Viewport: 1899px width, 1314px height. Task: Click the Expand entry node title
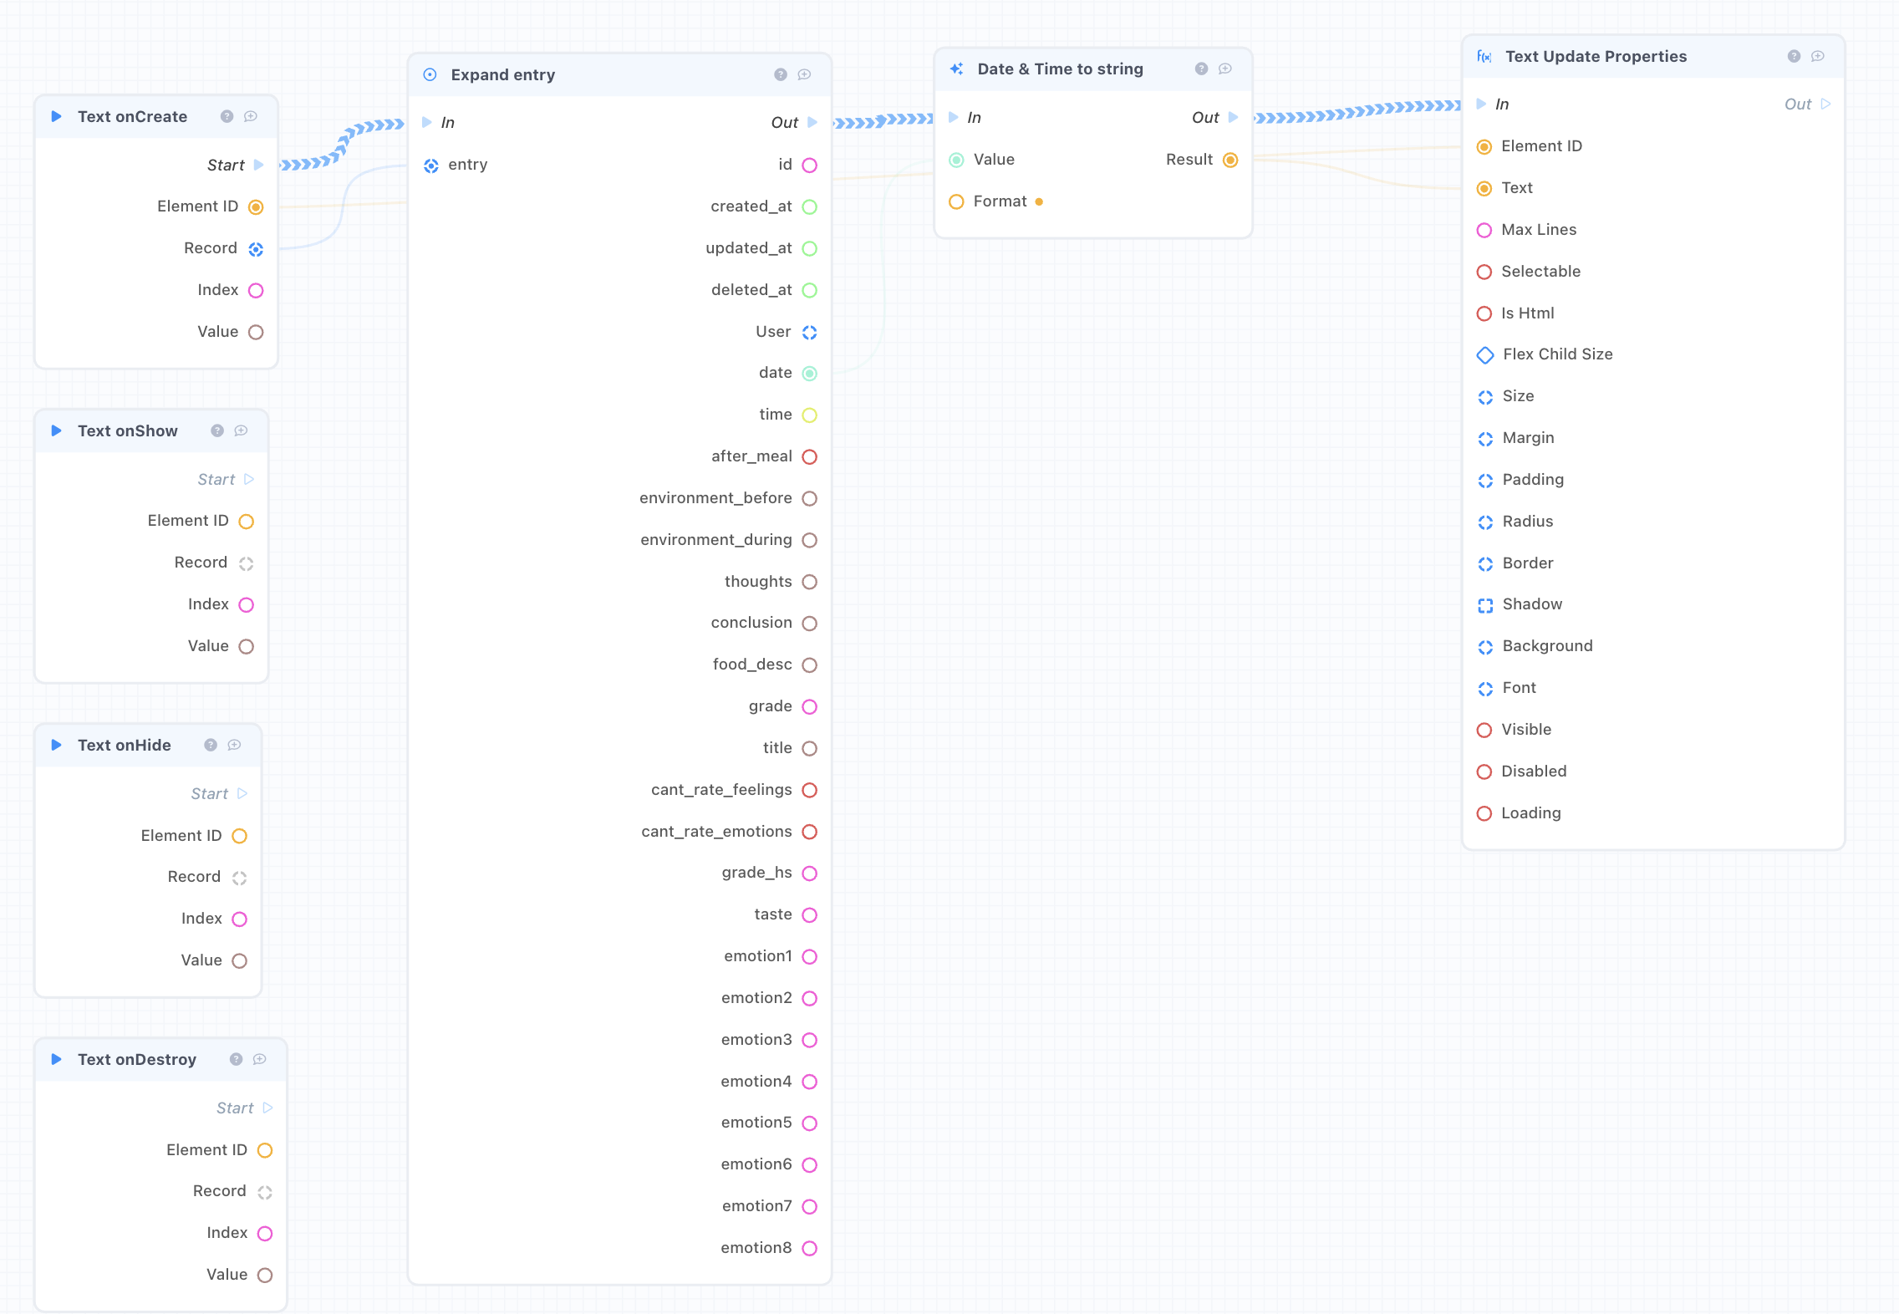pos(502,75)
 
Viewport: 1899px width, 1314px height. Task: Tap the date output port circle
pos(809,374)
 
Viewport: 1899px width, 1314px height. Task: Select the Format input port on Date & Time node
pos(956,201)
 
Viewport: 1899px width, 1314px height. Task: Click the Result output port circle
pos(1230,160)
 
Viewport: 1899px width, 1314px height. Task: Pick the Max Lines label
pos(1539,230)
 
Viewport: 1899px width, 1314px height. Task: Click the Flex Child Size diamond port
pos(1485,355)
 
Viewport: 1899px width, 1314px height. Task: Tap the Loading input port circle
pos(1484,813)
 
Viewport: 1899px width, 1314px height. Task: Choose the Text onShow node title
pos(128,431)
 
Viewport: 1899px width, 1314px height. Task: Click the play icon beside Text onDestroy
pos(57,1059)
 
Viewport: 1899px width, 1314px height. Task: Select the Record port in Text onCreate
pos(256,249)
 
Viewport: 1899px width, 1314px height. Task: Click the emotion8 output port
pos(809,1248)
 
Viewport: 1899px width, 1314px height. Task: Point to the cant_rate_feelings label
pos(721,790)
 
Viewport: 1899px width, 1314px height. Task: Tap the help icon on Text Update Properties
pos(1794,57)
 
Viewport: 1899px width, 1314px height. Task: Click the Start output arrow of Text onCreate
pos(259,165)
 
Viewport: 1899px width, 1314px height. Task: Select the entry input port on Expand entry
pos(431,166)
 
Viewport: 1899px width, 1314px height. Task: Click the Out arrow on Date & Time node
pos(1234,117)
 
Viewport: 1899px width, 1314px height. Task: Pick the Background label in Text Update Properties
pos(1547,646)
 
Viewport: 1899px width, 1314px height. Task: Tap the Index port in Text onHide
pos(239,919)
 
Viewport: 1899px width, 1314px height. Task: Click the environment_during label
pos(716,540)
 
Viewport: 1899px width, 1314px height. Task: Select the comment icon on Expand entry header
pos(804,75)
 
